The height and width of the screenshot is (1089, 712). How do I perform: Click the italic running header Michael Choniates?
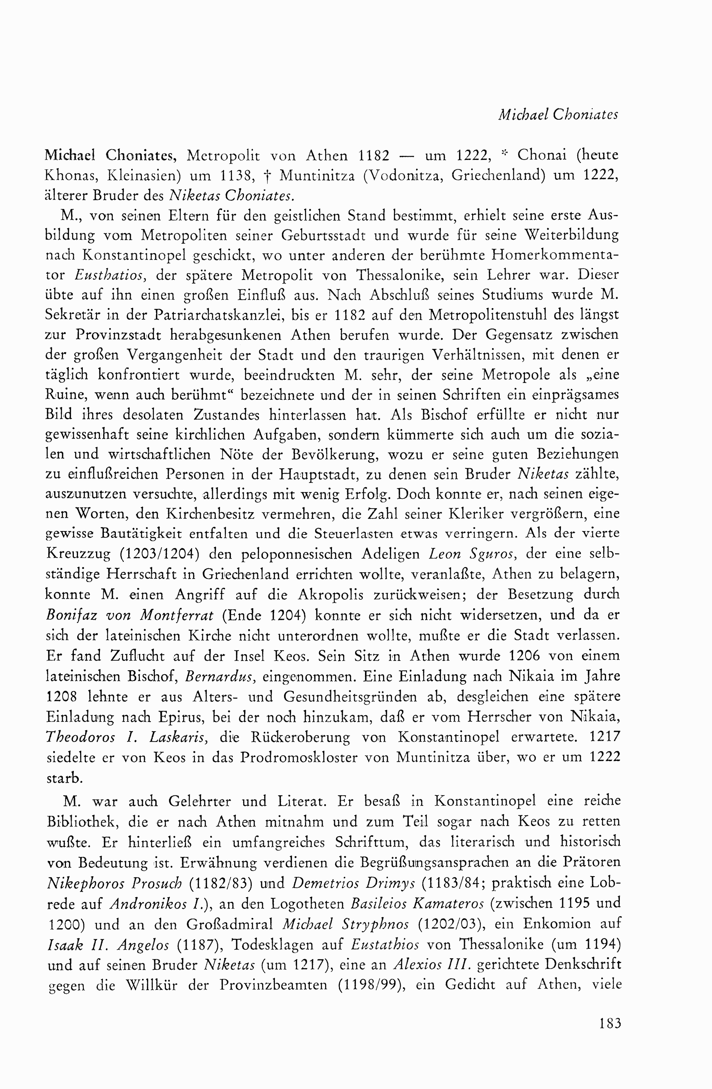click(558, 114)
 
